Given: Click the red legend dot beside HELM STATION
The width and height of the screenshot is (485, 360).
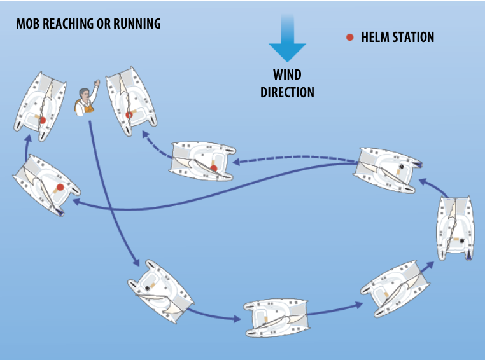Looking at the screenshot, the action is (x=350, y=38).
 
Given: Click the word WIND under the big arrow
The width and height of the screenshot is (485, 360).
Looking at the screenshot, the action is (x=287, y=74).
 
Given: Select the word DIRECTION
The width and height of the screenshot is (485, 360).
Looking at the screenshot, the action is (x=287, y=92).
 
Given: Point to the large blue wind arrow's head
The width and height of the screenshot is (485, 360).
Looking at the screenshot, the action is (x=287, y=52).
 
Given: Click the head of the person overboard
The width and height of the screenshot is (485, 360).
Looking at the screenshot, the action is (x=84, y=93).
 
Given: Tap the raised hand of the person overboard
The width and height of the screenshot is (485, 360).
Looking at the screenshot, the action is (x=97, y=83).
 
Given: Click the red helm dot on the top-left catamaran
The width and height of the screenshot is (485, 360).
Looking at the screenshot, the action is (x=43, y=120).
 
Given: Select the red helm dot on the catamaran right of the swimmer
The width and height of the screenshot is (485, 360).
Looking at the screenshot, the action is (x=129, y=115).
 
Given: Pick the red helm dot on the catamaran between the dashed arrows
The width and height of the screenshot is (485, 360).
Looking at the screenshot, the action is (x=213, y=168).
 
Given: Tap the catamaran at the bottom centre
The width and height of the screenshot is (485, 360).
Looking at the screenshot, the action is (x=277, y=317).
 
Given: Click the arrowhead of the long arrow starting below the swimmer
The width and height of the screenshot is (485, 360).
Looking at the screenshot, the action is (x=136, y=262).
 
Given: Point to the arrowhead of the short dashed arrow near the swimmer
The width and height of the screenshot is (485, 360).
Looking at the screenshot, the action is (x=145, y=134).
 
